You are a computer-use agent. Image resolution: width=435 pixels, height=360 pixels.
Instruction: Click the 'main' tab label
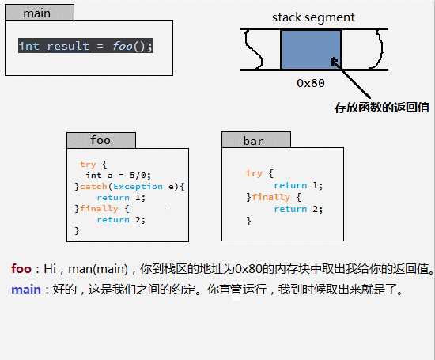(x=36, y=13)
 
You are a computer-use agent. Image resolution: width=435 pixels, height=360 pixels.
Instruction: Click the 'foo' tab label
(x=100, y=140)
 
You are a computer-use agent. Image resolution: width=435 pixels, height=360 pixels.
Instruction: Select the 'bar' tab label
(x=253, y=141)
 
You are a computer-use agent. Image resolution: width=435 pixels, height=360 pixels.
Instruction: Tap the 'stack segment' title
(x=313, y=17)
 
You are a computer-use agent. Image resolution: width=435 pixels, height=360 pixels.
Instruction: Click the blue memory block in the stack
(x=311, y=50)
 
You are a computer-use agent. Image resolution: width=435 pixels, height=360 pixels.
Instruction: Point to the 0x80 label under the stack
(x=311, y=81)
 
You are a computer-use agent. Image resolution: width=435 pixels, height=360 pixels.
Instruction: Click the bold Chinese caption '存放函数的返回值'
(x=382, y=107)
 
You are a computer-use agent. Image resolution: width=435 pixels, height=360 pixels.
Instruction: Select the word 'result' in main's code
(x=68, y=46)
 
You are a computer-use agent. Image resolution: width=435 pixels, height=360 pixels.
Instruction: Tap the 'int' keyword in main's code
(x=29, y=46)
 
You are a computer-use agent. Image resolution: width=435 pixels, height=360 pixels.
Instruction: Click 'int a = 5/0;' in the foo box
(x=118, y=175)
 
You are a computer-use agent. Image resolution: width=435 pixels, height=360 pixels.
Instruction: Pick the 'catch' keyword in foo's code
(x=93, y=187)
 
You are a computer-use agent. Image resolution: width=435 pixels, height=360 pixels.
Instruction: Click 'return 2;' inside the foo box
(x=122, y=220)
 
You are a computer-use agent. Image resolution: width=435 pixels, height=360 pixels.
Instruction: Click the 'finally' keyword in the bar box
(x=271, y=197)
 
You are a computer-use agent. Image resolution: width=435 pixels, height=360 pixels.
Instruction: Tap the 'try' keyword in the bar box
(x=254, y=173)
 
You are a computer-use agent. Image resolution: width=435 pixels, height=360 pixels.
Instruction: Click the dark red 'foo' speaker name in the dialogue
(x=21, y=269)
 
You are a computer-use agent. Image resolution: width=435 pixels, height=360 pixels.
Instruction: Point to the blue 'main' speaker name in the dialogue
(x=26, y=290)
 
